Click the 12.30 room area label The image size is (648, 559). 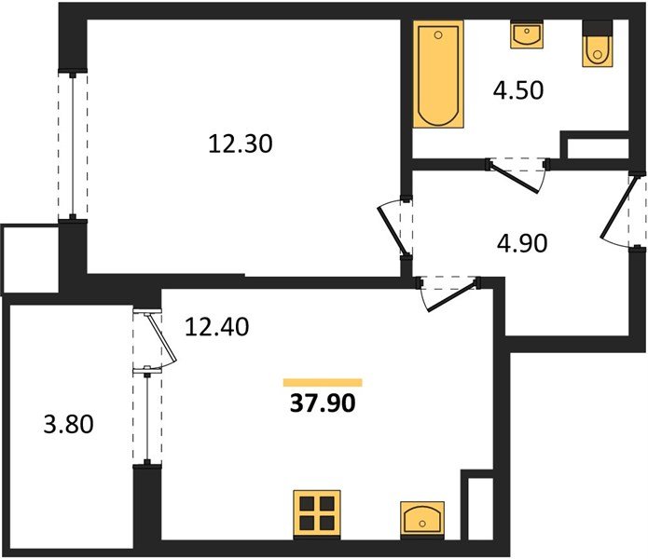(241, 144)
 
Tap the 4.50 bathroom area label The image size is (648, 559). (518, 90)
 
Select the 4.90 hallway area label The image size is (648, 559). (522, 243)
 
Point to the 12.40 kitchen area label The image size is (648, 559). (216, 327)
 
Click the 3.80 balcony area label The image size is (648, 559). (69, 425)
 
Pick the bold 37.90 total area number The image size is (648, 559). (323, 403)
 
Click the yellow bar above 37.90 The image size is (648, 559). (323, 383)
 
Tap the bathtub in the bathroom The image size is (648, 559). (438, 74)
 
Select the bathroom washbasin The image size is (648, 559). (527, 34)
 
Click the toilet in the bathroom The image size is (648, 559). (598, 44)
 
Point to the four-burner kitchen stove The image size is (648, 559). (317, 514)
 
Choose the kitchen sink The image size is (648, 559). (422, 520)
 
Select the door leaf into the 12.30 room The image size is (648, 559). (392, 231)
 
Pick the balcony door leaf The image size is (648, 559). (162, 337)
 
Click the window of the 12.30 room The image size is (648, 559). (73, 146)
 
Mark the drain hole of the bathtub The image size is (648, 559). (438, 35)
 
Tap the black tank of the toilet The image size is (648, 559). (598, 28)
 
